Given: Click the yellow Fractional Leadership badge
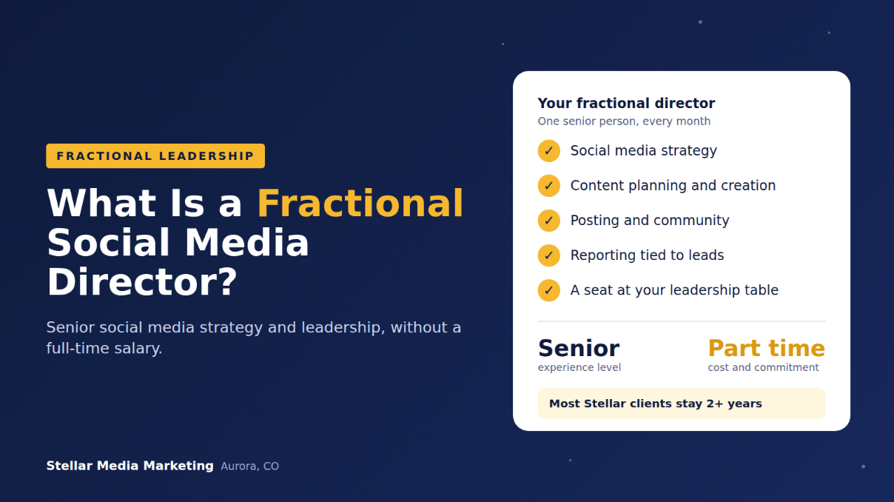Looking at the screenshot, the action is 155,155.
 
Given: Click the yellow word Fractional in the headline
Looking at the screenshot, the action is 360,204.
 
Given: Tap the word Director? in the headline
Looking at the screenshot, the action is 142,282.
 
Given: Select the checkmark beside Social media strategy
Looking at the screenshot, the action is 549,151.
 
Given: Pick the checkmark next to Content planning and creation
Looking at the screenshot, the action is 549,186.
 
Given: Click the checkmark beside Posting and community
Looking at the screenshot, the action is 549,221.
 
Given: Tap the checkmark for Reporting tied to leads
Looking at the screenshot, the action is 549,255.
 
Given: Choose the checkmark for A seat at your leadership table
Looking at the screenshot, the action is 549,290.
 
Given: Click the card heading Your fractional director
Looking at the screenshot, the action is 626,103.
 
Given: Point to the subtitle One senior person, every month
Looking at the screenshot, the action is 624,121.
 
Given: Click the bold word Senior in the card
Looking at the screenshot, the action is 579,348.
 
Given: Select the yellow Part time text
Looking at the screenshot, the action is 766,348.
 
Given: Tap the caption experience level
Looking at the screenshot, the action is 579,367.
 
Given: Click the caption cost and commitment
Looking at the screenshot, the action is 763,367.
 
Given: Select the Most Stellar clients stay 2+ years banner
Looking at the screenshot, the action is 682,404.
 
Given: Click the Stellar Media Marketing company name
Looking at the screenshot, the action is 130,466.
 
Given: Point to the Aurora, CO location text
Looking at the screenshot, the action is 249,466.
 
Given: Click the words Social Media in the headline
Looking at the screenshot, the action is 178,243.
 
